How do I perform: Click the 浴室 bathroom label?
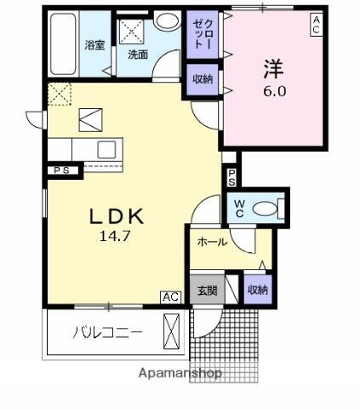[x=95, y=45]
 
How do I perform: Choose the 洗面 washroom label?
[x=138, y=55]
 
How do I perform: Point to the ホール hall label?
[x=212, y=242]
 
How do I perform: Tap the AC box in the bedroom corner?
[x=315, y=23]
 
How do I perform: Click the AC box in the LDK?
[x=170, y=297]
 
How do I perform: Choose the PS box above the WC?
[x=231, y=178]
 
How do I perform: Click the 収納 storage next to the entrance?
[x=257, y=291]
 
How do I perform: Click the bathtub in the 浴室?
[x=63, y=44]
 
